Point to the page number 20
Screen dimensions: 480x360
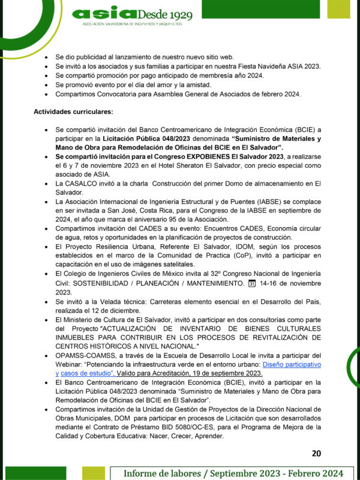317,453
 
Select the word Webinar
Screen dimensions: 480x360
69,364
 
